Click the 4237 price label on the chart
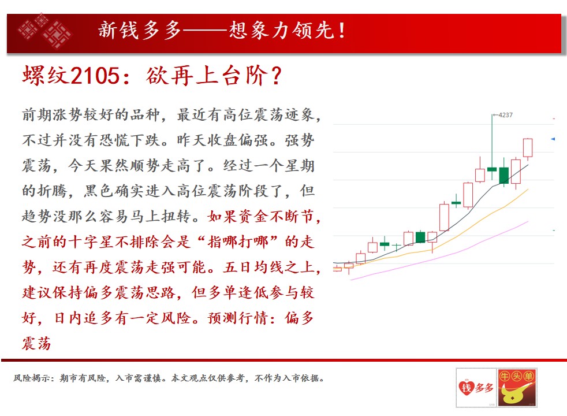[x=505, y=115]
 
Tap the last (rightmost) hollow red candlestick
[x=528, y=147]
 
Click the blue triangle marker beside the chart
[x=553, y=139]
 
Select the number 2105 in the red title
[x=95, y=76]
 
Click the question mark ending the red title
[x=276, y=76]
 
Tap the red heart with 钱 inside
[x=466, y=388]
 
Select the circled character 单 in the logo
[x=529, y=376]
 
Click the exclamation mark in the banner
[x=342, y=31]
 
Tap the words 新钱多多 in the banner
[x=140, y=30]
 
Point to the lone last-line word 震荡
[x=36, y=343]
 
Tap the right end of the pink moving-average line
[x=528, y=221]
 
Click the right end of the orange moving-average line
[x=528, y=189]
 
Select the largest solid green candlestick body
[x=503, y=176]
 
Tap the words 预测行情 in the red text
[x=238, y=318]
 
